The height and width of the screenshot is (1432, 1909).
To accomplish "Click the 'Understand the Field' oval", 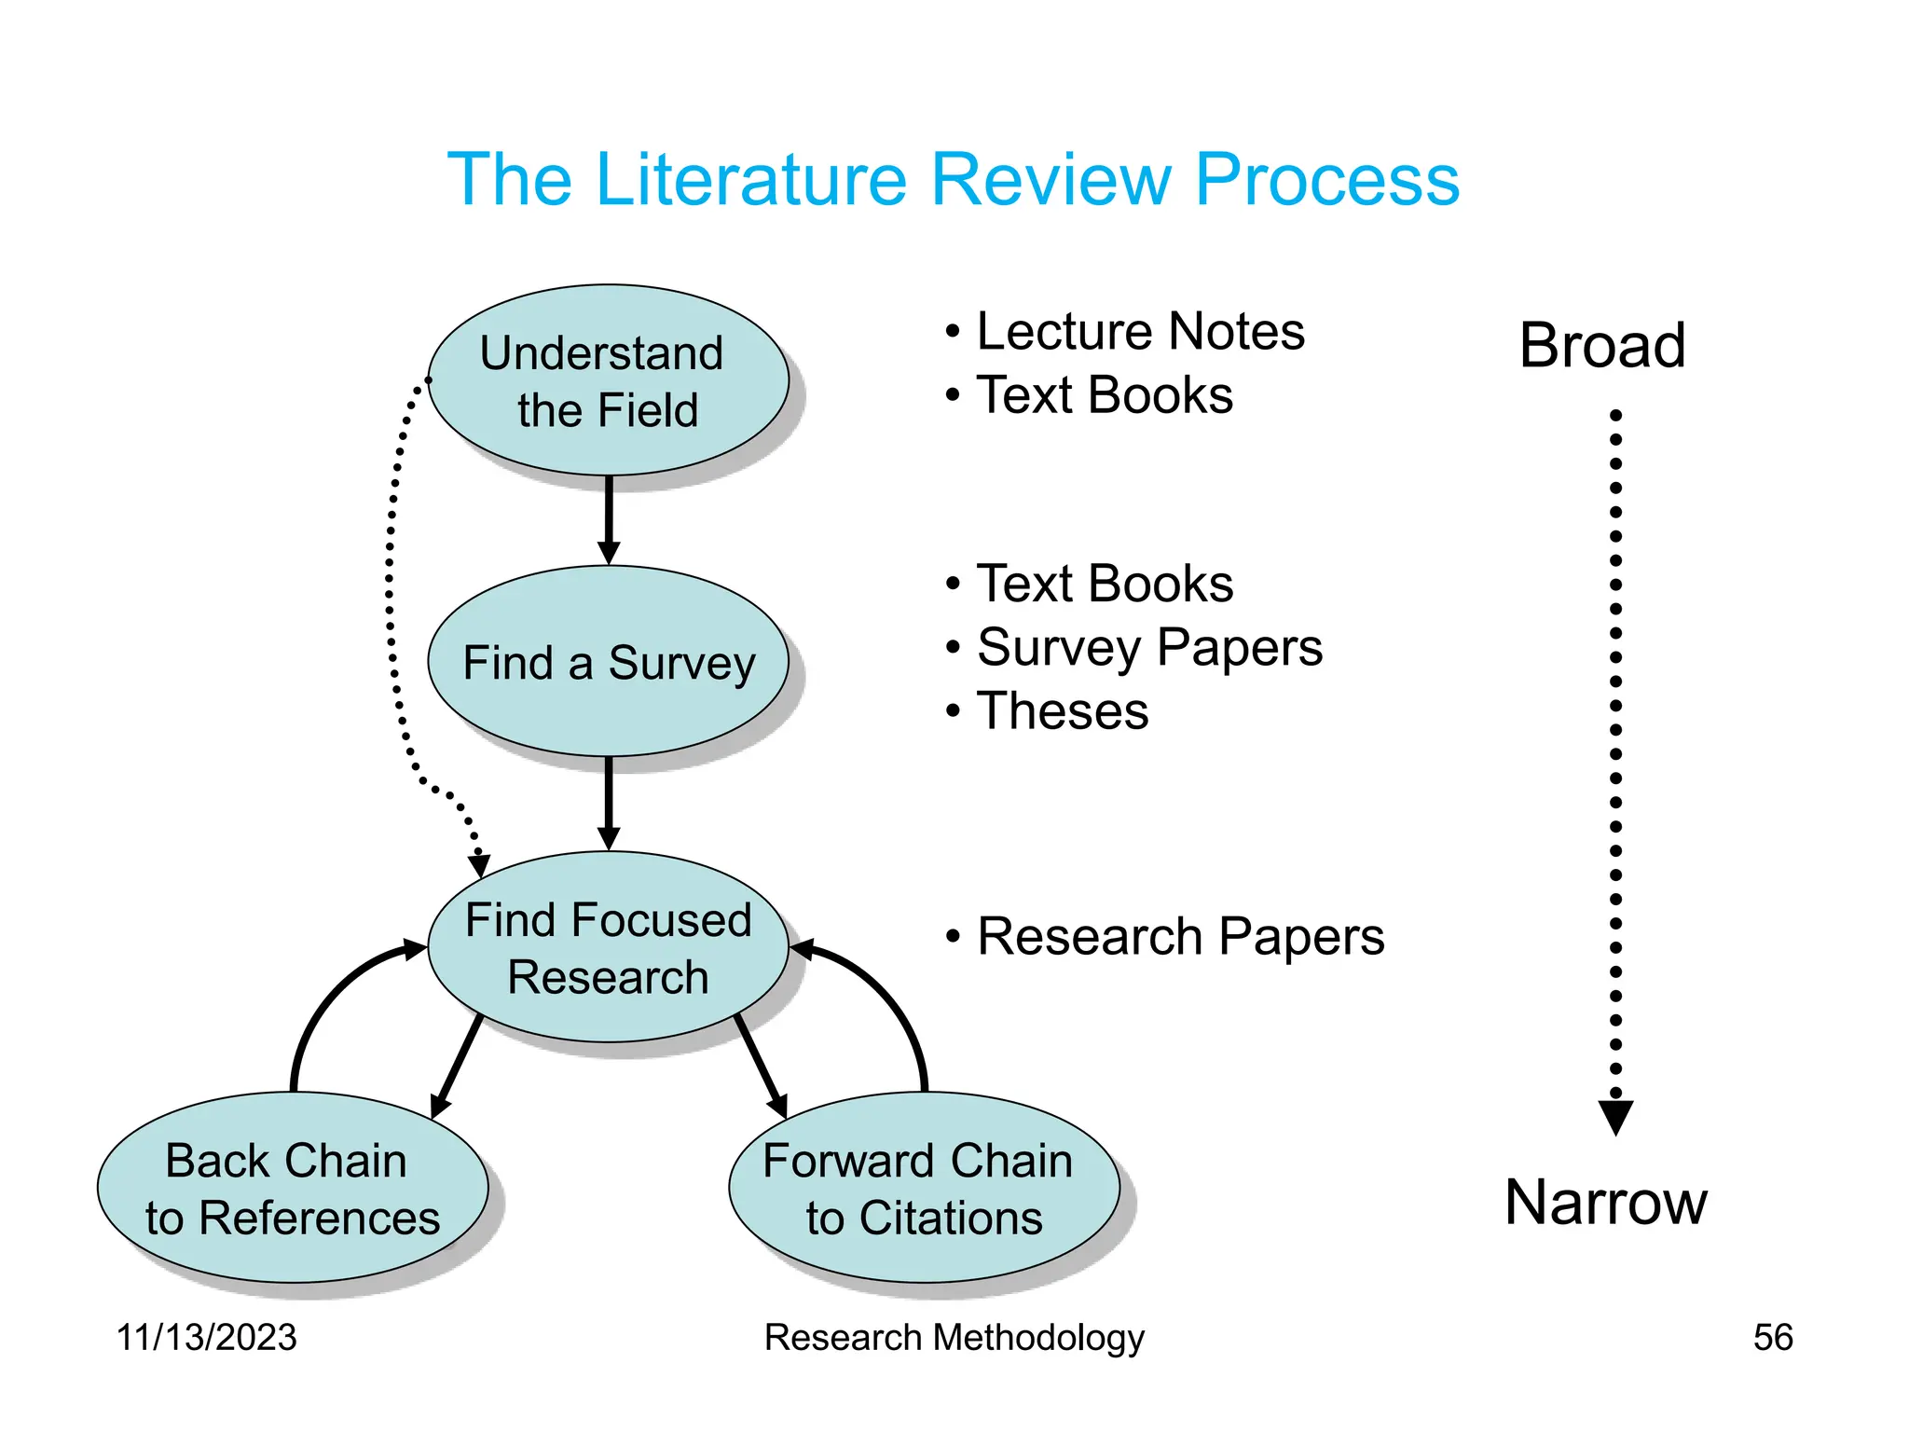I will (608, 380).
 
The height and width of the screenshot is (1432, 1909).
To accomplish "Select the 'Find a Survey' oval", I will (608, 662).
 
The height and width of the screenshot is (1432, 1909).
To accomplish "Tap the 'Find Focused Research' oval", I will (608, 947).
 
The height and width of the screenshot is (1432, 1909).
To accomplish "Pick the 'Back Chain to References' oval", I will (293, 1188).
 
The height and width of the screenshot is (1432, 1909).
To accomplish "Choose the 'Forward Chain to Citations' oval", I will (923, 1188).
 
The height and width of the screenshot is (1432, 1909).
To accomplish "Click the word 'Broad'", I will (1601, 346).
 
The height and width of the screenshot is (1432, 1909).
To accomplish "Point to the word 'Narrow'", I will (1605, 1203).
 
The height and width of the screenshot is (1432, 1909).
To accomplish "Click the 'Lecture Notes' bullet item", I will (1139, 332).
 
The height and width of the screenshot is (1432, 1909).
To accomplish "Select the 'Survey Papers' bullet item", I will (1148, 647).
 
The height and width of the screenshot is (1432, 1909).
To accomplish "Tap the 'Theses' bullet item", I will (1062, 711).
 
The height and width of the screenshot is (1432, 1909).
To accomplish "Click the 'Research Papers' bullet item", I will (1179, 936).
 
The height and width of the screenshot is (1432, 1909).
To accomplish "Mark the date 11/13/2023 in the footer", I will (206, 1338).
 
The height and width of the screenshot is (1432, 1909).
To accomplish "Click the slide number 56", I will (1772, 1338).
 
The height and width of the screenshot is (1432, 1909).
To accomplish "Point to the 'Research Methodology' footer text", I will (954, 1338).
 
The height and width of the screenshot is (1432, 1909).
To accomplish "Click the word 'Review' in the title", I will (1051, 179).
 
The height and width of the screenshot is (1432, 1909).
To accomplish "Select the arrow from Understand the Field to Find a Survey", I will (609, 517).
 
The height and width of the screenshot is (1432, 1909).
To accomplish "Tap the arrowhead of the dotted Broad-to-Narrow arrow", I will (1615, 1117).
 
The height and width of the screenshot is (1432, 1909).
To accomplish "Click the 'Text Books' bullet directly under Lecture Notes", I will (1104, 395).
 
